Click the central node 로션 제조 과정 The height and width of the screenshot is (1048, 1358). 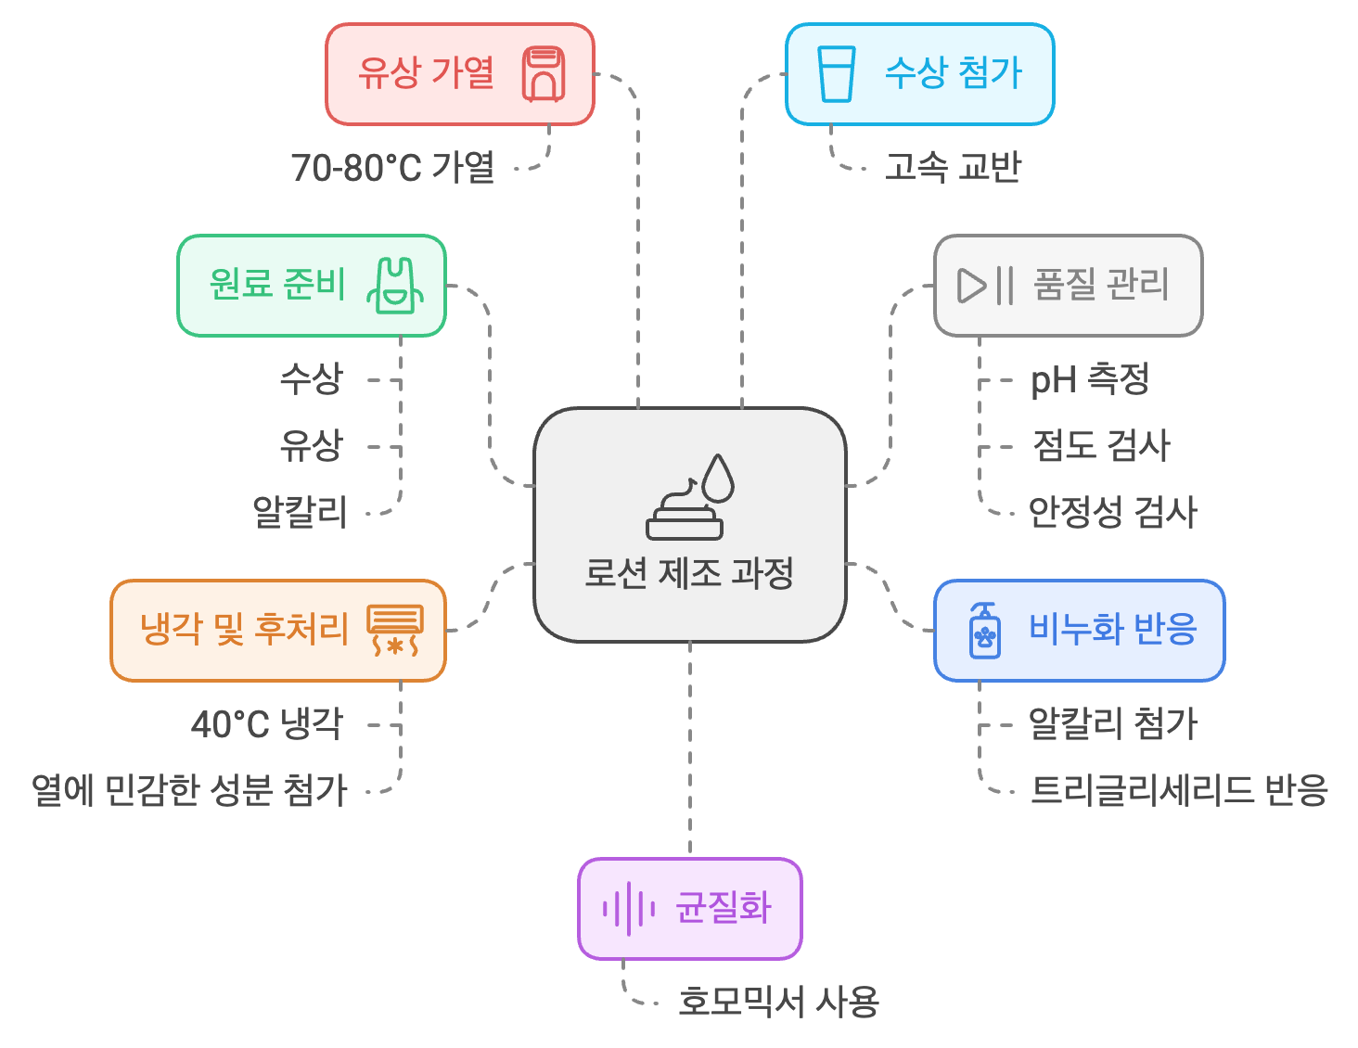coord(689,572)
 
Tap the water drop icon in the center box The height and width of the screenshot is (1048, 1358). coord(718,478)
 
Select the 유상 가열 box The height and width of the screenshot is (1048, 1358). coord(460,74)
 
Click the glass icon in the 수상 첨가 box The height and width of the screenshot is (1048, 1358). coord(836,74)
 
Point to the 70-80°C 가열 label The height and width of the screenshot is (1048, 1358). coord(392,168)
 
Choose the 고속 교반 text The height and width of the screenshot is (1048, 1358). coord(953,168)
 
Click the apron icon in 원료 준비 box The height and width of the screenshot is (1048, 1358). coord(395,285)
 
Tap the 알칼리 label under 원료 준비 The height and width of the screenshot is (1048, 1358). coord(300,512)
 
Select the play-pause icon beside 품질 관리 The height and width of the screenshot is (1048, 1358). coord(985,285)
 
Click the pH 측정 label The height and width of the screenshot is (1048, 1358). coord(1090,379)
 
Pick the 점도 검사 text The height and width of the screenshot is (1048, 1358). coord(1101,446)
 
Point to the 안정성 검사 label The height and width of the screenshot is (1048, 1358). coord(1113,512)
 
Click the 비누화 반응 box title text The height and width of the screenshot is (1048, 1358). coord(1113,629)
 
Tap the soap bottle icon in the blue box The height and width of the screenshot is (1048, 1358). coord(984,631)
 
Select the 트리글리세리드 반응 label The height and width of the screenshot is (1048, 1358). coord(1179,790)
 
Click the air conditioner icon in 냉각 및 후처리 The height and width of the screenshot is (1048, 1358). coord(395,630)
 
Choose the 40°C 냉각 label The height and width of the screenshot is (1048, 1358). coord(267,724)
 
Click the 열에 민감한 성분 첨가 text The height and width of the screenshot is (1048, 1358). coord(189,790)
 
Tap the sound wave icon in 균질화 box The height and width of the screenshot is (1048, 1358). coord(628,909)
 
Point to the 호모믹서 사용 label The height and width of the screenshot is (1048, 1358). coord(778,1003)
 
